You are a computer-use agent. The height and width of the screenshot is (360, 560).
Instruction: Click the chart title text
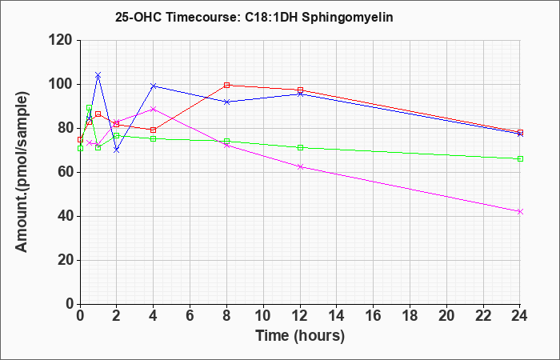[254, 17]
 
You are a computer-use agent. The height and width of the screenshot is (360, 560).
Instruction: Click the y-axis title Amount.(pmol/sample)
[22, 172]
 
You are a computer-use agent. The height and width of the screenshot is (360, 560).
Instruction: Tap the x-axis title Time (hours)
[300, 336]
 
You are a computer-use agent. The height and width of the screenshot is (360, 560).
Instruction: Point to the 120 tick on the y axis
[62, 40]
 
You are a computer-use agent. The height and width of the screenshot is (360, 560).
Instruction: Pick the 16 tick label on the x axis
[374, 315]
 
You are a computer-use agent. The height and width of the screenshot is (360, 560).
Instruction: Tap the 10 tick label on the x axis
[263, 315]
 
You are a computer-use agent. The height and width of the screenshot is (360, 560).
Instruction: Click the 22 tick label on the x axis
[483, 315]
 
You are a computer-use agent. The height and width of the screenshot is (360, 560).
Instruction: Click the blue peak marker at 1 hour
[98, 74]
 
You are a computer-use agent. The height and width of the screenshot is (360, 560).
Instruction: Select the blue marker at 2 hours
[117, 150]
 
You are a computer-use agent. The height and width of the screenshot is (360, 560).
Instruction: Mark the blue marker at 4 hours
[154, 86]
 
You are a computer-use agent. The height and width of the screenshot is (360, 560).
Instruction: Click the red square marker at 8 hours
[226, 85]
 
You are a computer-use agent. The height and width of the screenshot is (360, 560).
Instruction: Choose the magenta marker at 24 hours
[520, 211]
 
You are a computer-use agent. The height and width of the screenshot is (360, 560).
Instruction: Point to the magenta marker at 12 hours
[300, 166]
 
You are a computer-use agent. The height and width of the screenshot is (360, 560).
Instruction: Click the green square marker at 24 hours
[520, 158]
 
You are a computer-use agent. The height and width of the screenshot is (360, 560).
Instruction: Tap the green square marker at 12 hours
[300, 147]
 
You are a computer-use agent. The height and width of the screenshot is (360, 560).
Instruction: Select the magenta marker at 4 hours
[154, 109]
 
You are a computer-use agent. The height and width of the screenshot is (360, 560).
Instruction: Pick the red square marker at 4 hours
[154, 130]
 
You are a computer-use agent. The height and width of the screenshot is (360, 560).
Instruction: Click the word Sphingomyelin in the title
[347, 17]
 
